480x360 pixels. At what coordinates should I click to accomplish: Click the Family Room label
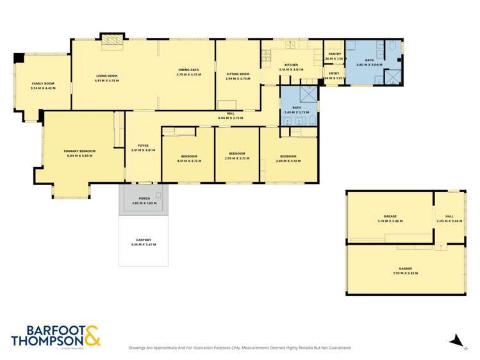click(43, 84)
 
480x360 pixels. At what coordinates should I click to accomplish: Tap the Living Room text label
click(106, 76)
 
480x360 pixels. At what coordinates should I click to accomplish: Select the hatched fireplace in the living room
click(113, 41)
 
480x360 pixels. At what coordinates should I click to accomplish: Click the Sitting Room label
click(237, 74)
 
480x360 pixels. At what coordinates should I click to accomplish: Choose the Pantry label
click(335, 54)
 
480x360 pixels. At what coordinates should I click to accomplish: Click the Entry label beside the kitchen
click(335, 74)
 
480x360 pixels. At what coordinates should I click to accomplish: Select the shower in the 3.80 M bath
click(392, 78)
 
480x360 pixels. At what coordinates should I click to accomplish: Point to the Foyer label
click(144, 145)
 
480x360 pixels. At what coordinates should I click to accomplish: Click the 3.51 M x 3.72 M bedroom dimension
click(188, 161)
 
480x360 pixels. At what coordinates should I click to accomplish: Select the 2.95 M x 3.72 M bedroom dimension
click(237, 158)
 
